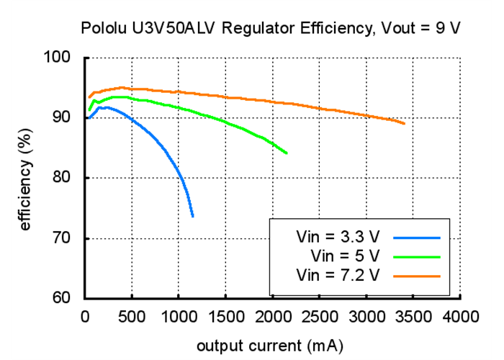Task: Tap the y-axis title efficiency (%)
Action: (26, 179)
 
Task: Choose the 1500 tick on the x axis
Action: (226, 316)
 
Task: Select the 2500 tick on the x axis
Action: (320, 316)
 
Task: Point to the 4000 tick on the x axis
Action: (461, 316)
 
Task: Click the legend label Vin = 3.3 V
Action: (338, 236)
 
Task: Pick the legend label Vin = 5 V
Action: (344, 256)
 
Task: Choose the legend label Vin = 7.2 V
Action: (338, 275)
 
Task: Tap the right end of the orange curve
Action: (405, 124)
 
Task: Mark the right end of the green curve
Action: (287, 153)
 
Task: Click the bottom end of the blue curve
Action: (193, 216)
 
